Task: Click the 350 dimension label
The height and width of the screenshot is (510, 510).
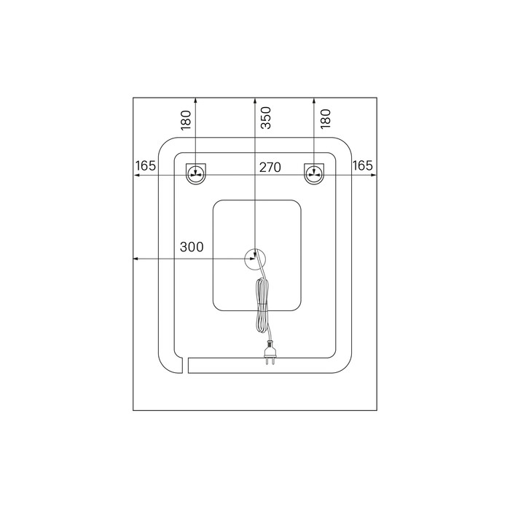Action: coord(266,118)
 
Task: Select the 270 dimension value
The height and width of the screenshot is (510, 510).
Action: coord(270,167)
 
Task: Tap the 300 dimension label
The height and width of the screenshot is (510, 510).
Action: coord(192,247)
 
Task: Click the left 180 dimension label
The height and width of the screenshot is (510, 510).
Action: coord(186,120)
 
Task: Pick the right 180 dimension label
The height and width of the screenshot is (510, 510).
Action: coord(325,118)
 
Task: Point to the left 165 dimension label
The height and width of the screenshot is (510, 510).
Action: coord(146,165)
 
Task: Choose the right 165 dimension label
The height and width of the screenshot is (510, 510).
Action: coord(362,165)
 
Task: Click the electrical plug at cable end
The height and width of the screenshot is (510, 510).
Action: coord(270,352)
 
